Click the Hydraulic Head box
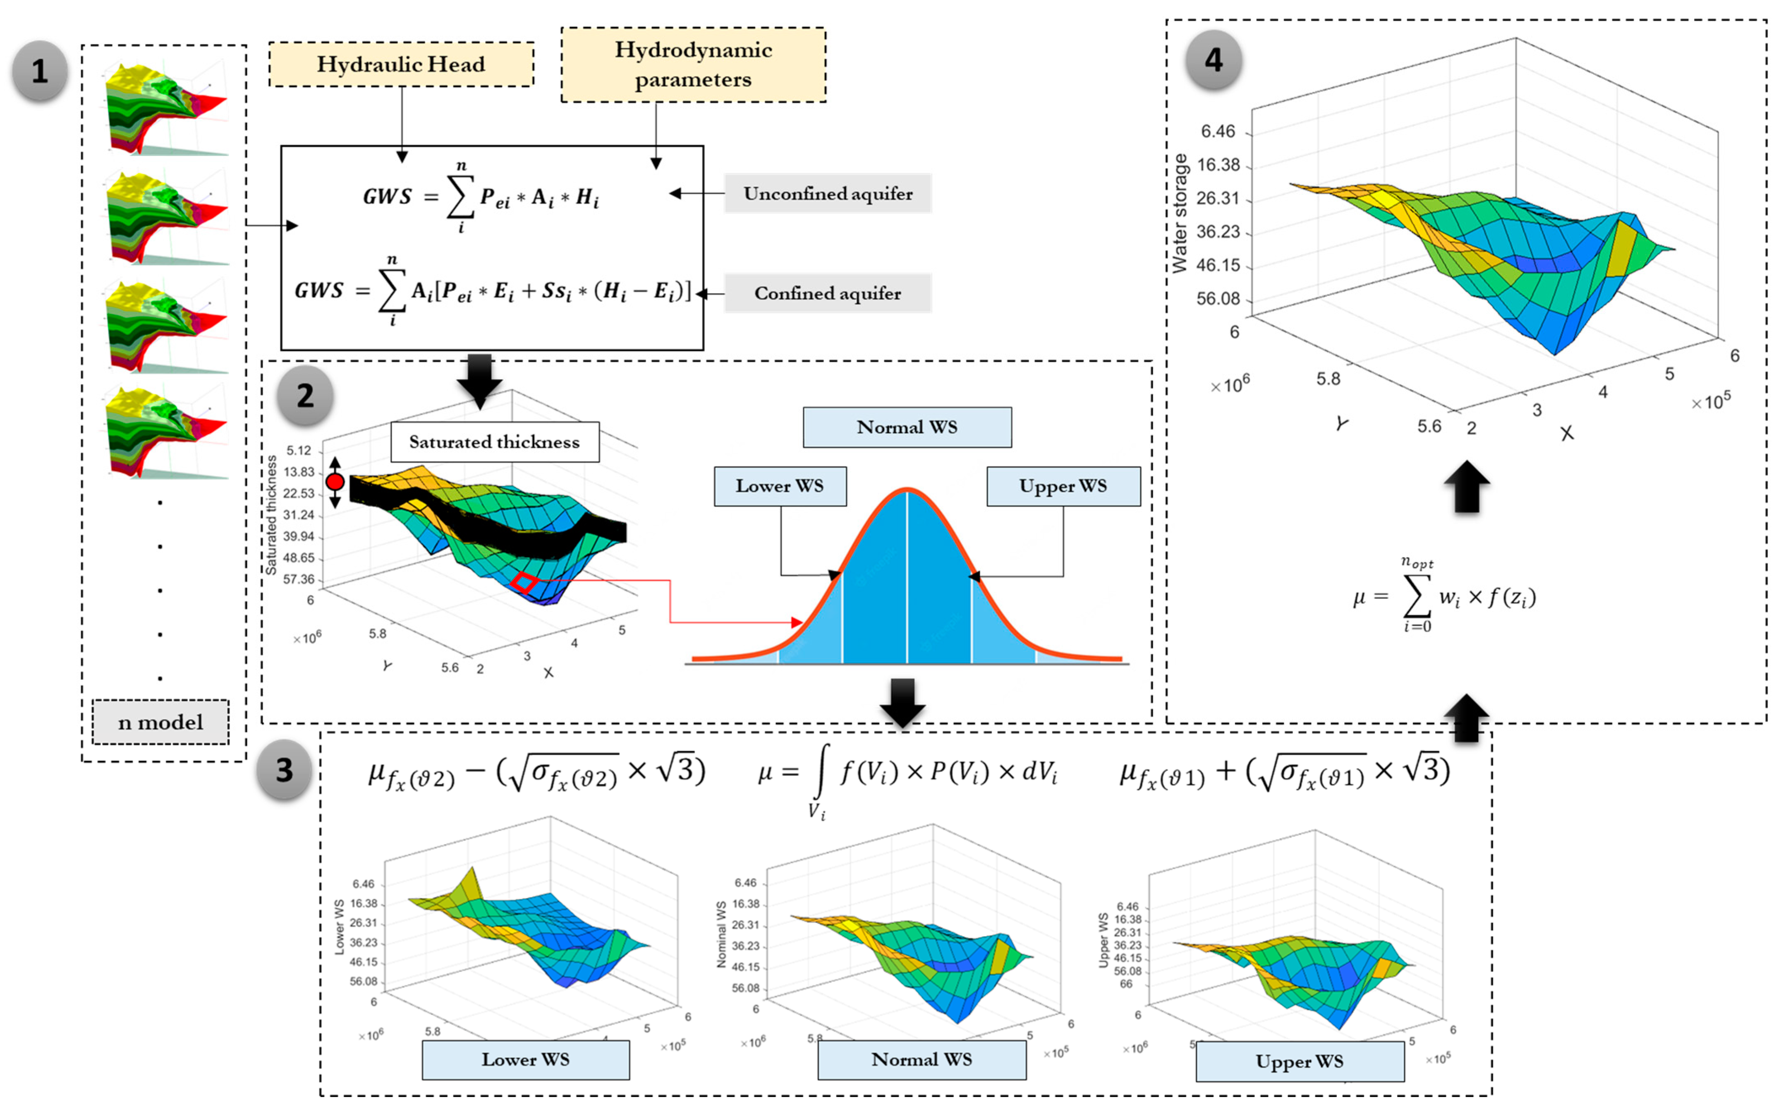click(401, 65)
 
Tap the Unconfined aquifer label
click(828, 193)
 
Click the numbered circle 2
click(305, 396)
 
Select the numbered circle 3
click(285, 770)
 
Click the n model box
click(160, 722)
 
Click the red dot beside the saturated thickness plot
click(335, 482)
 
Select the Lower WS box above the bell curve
click(780, 486)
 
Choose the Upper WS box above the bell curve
click(1063, 486)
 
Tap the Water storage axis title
click(1180, 213)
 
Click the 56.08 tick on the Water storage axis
click(1218, 299)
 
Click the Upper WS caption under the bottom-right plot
click(1300, 1061)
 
